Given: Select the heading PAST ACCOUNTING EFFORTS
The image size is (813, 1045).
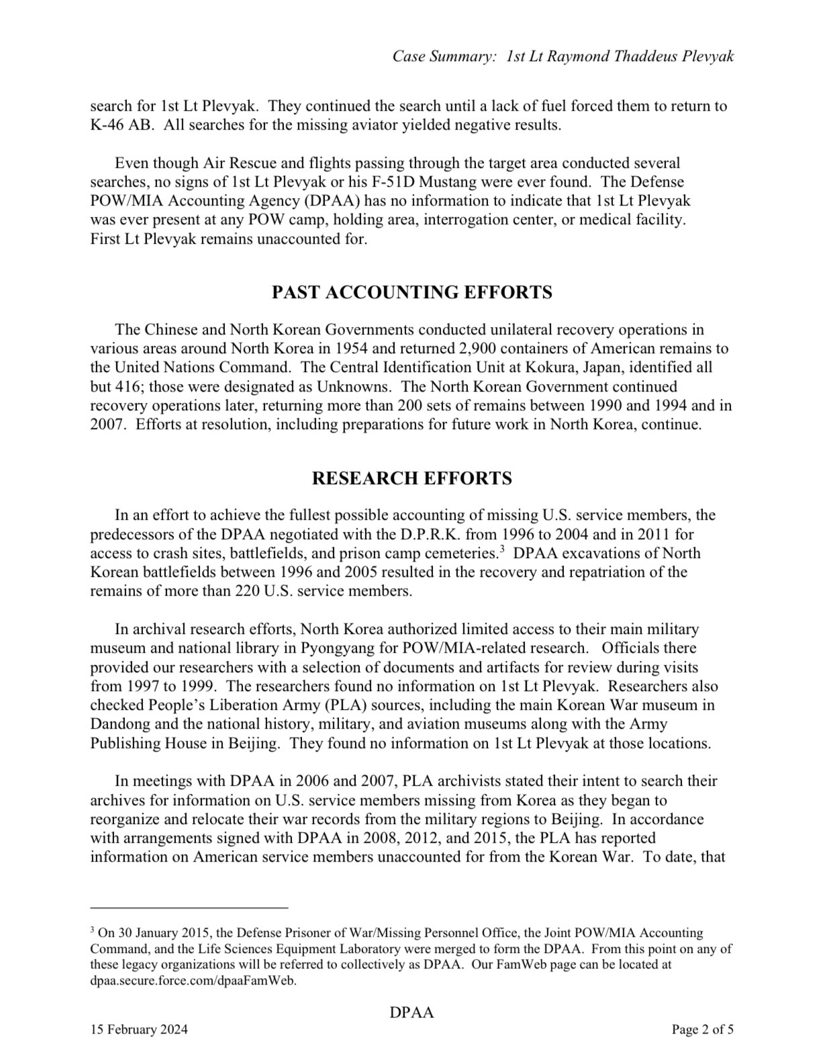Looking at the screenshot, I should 412,293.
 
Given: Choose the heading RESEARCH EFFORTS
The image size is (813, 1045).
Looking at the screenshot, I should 412,479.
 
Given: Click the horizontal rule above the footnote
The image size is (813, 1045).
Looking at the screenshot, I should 189,908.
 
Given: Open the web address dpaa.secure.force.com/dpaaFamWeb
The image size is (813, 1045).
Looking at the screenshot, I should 193,981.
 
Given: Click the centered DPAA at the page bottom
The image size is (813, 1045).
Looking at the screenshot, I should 412,1013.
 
